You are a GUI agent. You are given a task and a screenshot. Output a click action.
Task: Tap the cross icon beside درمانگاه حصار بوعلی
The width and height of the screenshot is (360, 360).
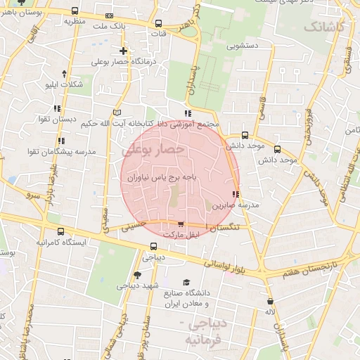coord(124,51)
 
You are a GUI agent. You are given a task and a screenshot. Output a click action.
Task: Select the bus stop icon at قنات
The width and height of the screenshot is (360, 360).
coord(157,22)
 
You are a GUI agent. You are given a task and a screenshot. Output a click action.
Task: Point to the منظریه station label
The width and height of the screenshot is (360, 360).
coord(79,20)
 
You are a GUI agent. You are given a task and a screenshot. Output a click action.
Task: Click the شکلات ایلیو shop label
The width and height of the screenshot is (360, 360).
coord(63,85)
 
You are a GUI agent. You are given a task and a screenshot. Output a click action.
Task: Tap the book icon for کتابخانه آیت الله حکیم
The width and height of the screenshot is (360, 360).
coord(117,112)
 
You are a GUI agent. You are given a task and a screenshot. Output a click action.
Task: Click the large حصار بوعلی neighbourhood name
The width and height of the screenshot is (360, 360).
coord(153,149)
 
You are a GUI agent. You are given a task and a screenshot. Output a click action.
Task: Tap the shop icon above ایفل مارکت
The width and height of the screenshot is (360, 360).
coord(181,224)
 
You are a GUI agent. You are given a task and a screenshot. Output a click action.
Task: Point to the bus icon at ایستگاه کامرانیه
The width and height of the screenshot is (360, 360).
coord(60,231)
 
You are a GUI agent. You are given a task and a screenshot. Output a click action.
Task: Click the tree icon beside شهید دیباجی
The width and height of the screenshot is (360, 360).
coord(136,276)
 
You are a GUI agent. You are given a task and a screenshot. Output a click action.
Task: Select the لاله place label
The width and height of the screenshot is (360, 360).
coord(271,311)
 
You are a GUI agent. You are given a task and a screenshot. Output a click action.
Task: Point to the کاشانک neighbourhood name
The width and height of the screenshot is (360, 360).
coord(325,27)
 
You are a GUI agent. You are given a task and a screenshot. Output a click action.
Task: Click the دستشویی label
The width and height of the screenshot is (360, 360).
coord(244,46)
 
